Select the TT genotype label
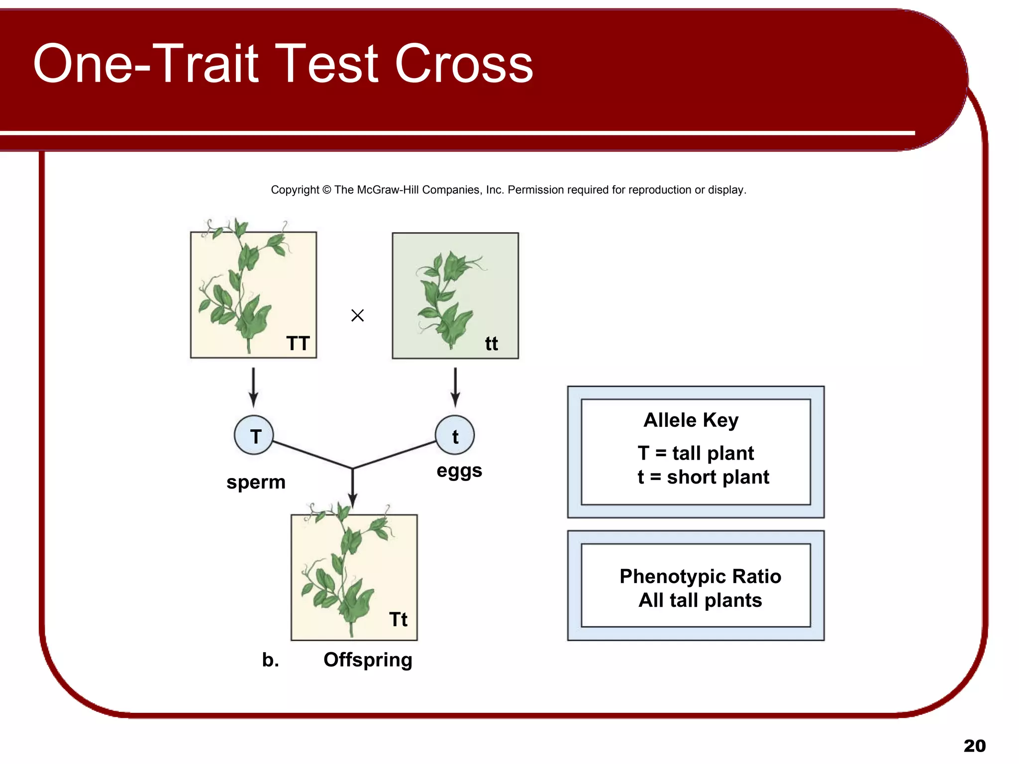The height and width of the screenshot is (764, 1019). coord(298,343)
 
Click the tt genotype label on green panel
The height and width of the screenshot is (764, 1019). coord(491,344)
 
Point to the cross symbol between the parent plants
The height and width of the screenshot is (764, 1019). coord(357,315)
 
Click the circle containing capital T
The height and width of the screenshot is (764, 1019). coord(254,435)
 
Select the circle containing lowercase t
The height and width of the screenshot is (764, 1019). coord(455,435)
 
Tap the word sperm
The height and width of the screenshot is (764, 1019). coord(256,482)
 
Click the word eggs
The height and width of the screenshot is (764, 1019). coord(459,471)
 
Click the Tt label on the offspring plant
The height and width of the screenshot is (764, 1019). coord(398,619)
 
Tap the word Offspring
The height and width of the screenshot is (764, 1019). coord(368,660)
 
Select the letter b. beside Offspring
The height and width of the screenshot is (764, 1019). coord(270,660)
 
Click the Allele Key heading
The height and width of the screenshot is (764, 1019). coord(691,420)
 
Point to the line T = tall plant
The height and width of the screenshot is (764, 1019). coord(696,453)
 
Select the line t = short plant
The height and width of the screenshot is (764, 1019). coord(703,477)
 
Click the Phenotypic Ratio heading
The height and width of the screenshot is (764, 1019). coord(700,576)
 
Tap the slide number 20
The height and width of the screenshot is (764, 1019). coord(974,746)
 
